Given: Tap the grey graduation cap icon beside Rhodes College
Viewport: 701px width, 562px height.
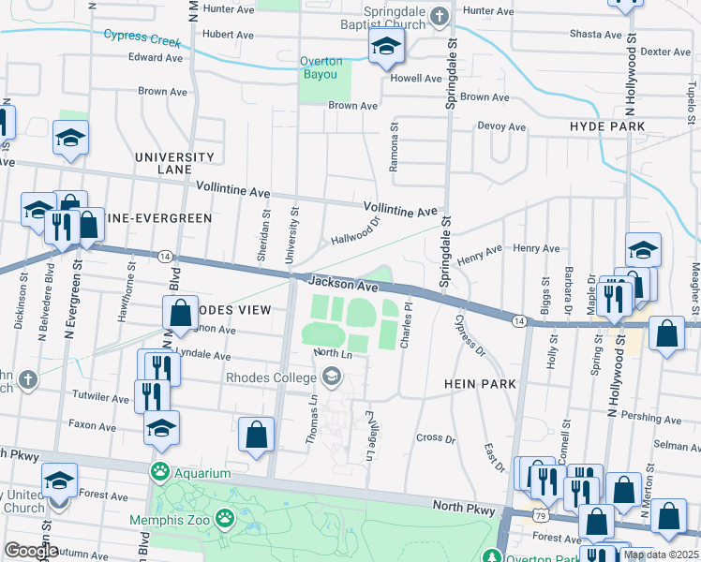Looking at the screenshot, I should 330,377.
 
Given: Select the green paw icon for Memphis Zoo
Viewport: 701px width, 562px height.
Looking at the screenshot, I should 224,517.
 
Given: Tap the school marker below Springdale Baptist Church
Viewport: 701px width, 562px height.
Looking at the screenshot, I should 386,47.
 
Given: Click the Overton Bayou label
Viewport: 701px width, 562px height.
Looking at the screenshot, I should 321,67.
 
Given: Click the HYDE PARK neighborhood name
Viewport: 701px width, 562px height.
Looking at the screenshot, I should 606,126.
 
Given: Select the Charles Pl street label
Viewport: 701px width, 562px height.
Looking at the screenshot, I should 406,325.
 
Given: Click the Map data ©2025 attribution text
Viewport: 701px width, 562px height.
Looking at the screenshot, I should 661,555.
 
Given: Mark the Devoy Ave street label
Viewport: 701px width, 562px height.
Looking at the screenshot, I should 502,126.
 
